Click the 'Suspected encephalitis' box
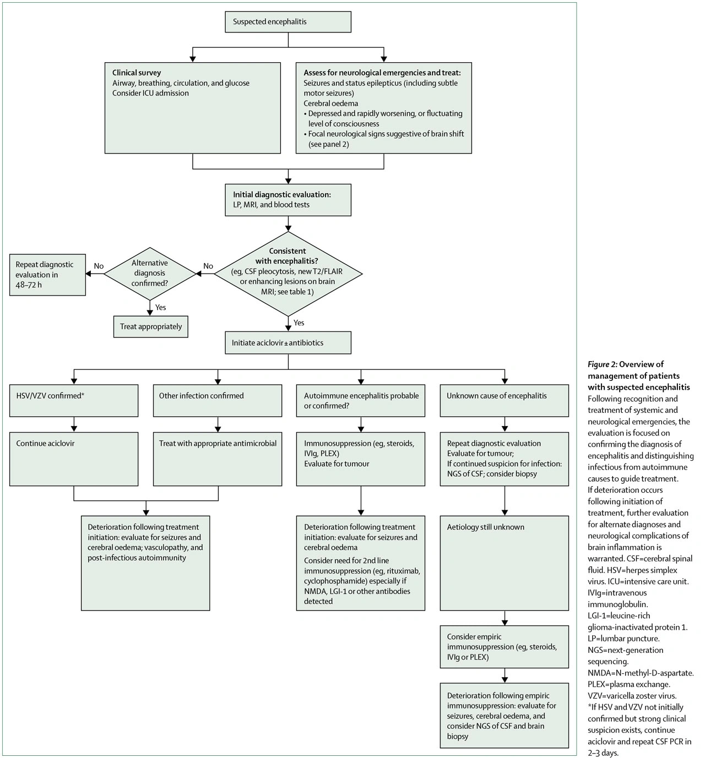[288, 22]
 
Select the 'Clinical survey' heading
[137, 73]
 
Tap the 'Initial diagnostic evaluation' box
[288, 200]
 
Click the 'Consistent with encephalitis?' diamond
[288, 274]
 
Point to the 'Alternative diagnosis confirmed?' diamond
[150, 273]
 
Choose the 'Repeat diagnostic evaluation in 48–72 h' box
[47, 275]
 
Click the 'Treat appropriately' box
[151, 327]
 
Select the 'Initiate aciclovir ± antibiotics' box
[288, 343]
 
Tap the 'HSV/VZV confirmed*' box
[74, 400]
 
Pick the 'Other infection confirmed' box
[218, 400]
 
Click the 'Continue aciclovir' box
[74, 459]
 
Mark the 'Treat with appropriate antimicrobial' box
[218, 459]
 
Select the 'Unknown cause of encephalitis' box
[504, 400]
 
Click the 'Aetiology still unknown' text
[485, 527]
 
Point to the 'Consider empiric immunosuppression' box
[504, 647]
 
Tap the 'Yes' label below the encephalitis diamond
[299, 323]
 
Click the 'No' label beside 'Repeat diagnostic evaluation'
[99, 266]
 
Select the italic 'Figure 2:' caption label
[602, 364]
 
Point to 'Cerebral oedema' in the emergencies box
[330, 103]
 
